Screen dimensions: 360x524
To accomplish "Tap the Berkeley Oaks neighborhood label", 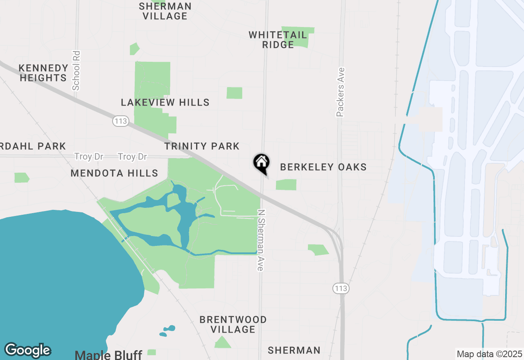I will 323,167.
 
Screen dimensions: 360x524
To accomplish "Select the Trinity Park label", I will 202,146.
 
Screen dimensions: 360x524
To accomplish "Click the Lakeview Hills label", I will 165,102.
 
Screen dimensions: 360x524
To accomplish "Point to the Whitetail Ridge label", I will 278,40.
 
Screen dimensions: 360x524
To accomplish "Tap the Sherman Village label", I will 165,11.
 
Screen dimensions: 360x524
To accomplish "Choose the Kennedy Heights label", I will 43,73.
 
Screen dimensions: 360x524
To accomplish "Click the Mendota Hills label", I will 114,173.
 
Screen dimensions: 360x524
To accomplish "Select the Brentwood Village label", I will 233,324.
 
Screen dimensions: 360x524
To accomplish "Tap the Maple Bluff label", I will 108,355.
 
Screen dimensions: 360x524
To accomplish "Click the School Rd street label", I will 76,70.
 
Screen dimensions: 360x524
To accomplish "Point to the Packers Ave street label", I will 341,92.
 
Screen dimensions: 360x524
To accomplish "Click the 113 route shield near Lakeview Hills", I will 121,121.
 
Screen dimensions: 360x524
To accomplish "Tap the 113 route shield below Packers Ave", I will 340,288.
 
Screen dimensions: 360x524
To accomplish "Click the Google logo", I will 27,350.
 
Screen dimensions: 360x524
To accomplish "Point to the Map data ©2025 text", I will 489,354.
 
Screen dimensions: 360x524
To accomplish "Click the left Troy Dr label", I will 89,157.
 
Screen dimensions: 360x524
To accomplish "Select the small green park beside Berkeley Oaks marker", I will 286,184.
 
